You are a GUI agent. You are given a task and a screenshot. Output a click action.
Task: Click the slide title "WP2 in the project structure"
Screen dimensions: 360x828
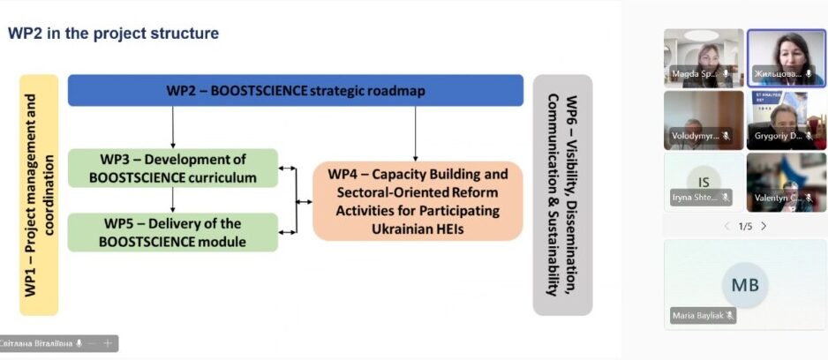coord(113,34)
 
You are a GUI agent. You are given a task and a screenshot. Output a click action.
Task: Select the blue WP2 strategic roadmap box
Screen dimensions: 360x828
coord(299,91)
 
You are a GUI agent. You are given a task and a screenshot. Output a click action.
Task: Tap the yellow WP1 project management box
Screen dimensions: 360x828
coord(39,194)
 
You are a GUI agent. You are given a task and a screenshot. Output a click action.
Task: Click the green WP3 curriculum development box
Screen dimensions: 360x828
coord(172,168)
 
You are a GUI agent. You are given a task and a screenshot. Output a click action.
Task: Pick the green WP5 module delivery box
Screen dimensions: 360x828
coord(172,232)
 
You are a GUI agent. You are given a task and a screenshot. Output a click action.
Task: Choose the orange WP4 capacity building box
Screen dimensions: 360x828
coord(418,201)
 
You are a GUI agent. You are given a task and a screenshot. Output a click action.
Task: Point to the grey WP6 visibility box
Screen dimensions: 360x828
coord(562,194)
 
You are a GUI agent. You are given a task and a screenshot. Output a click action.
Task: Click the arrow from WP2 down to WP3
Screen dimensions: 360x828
coord(173,127)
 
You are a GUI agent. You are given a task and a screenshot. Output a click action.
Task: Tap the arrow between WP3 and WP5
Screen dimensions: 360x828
coord(173,200)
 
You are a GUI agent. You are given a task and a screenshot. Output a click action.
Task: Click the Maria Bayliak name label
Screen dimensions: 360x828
coord(703,315)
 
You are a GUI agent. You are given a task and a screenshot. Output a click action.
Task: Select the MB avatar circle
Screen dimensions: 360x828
coord(745,285)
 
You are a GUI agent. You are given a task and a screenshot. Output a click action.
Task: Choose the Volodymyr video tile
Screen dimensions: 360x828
coord(703,119)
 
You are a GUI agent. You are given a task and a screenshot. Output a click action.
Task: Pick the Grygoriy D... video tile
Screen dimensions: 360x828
coord(786,119)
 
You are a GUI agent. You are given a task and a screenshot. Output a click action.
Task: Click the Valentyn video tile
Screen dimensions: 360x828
coord(786,181)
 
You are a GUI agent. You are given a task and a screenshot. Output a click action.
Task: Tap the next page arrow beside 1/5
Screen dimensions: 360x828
coord(764,226)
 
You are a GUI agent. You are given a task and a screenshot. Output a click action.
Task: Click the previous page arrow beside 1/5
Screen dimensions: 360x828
coord(726,226)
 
